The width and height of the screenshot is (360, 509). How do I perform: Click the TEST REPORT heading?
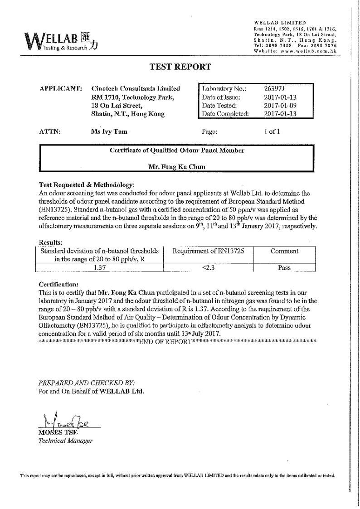tap(180, 67)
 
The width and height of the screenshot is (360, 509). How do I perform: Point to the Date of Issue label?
tap(221, 97)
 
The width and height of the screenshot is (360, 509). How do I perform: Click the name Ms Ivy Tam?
tap(109, 132)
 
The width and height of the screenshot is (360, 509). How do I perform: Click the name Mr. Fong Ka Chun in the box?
tap(177, 167)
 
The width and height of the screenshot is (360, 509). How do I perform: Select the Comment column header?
tap(284, 251)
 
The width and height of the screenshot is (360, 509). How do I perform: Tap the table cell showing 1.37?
tap(99, 268)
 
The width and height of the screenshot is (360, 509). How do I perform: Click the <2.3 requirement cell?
tap(208, 268)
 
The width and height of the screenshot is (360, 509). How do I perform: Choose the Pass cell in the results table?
tap(284, 268)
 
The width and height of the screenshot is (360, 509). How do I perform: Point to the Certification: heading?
tap(59, 284)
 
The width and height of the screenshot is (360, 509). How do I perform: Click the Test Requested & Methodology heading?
tap(87, 185)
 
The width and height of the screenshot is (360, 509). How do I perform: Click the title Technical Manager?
tap(66, 441)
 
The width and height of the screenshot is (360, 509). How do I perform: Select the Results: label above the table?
tap(51, 243)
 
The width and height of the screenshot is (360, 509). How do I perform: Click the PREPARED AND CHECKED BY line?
tap(87, 383)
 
